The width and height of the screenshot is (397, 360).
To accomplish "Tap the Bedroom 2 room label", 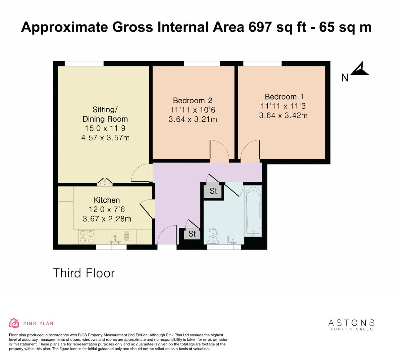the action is pos(193,101).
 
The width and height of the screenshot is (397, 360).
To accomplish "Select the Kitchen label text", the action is pos(107,200).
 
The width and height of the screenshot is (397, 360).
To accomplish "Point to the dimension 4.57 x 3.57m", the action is pos(105,137).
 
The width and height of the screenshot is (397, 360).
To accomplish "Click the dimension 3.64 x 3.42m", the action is pos(283,115).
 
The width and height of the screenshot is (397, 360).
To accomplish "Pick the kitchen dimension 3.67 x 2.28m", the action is pos(107,219).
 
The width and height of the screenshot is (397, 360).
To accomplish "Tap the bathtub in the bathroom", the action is pos(253,211).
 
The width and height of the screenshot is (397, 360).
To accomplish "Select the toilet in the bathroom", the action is pos(213,236).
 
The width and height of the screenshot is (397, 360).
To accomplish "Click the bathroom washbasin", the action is pos(233,240).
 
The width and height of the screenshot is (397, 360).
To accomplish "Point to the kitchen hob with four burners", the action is pos(87,237).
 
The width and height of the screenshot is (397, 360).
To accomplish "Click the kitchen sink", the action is pos(115,237).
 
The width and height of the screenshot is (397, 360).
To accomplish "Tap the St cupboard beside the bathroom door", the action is pos(213,191).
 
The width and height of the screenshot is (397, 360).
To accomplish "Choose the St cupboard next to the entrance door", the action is pos(192,234).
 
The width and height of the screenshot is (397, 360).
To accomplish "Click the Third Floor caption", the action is pos(84,273).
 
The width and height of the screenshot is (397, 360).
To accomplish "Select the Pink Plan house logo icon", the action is pos(14,323).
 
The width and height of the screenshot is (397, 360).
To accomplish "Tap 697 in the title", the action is pos(260,27).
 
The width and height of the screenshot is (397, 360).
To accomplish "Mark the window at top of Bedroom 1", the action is pos(262,64).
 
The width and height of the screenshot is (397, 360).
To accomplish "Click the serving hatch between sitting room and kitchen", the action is pos(105,183).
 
